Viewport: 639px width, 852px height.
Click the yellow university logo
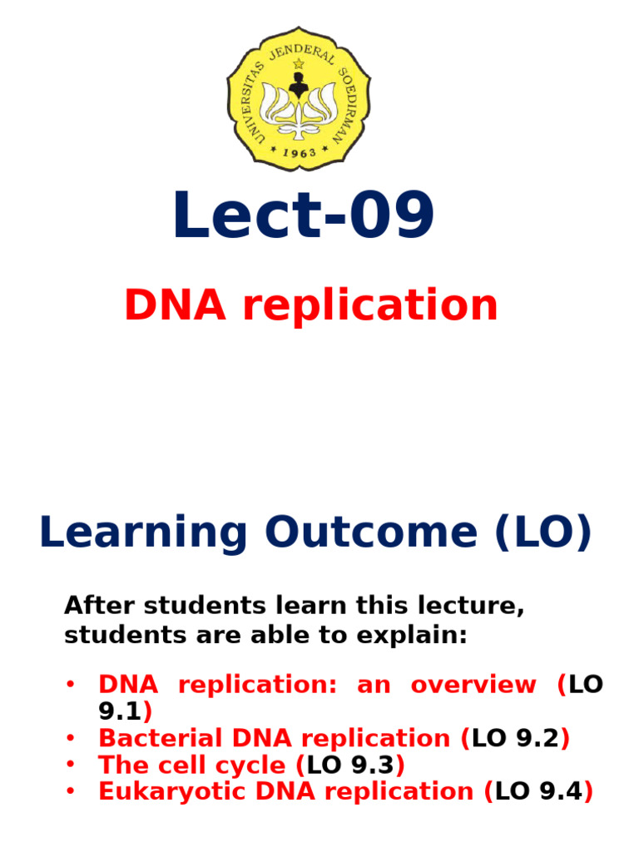pyautogui.click(x=300, y=98)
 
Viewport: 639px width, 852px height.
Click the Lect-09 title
pyautogui.click(x=304, y=216)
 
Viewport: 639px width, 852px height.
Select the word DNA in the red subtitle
pyautogui.click(x=175, y=305)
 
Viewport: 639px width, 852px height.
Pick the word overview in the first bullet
pyautogui.click(x=473, y=685)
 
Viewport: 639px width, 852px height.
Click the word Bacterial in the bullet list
pyautogui.click(x=149, y=738)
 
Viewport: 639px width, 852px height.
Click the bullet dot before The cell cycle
pyautogui.click(x=71, y=763)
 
